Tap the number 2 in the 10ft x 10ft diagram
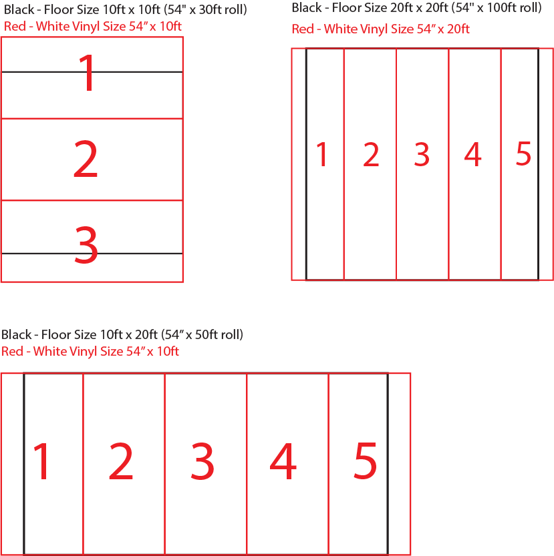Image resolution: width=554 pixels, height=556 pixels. click(x=86, y=158)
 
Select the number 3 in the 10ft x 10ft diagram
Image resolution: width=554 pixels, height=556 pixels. click(x=86, y=245)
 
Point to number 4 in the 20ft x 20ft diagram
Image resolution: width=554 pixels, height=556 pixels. click(x=472, y=154)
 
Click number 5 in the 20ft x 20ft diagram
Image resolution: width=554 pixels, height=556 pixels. click(x=523, y=154)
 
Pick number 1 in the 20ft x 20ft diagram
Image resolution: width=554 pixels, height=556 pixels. click(x=322, y=154)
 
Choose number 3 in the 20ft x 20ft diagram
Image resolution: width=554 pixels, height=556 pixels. click(x=422, y=154)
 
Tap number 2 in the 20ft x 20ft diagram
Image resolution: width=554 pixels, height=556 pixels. click(x=371, y=154)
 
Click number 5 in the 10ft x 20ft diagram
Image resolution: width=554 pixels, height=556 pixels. click(x=365, y=461)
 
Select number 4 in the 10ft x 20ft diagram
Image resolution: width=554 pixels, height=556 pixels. click(x=283, y=461)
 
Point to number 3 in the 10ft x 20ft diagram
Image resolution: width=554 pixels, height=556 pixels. click(x=202, y=461)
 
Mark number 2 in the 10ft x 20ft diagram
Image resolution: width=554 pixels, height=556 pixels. click(x=121, y=461)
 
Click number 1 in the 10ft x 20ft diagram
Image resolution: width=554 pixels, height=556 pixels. click(x=42, y=461)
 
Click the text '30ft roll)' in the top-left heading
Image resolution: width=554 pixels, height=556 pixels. click(x=223, y=9)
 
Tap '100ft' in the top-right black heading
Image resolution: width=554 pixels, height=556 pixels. click(x=501, y=7)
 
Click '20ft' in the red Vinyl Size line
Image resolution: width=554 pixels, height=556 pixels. click(x=458, y=29)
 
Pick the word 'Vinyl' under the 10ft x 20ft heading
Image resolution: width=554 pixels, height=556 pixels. click(x=83, y=351)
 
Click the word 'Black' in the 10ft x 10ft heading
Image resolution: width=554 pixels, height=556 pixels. click(x=19, y=9)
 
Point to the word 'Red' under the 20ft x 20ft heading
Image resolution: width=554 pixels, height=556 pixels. click(x=303, y=29)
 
